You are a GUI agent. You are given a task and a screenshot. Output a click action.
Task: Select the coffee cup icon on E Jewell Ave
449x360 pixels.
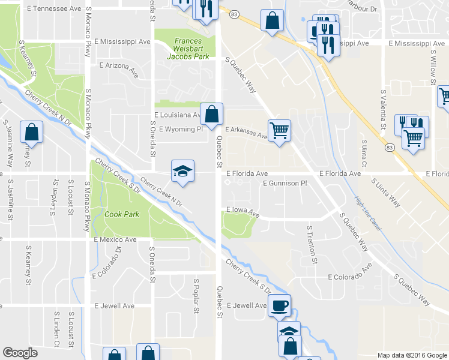point(279,306)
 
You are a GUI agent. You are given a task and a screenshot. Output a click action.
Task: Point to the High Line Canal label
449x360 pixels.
point(367,215)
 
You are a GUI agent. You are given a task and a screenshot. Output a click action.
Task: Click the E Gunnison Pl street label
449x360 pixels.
point(284,182)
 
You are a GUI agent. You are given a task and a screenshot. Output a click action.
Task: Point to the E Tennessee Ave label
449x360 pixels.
point(54,9)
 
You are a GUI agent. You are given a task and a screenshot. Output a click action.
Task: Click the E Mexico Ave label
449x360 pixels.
point(115,239)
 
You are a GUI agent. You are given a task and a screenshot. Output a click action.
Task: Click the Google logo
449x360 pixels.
point(20,353)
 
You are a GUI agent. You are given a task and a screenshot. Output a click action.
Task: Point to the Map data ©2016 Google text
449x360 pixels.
point(412,355)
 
